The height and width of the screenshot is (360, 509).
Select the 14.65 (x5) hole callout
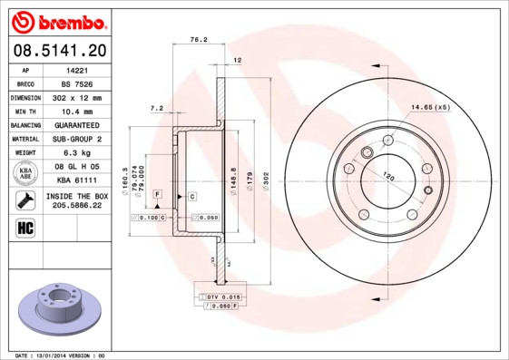click(x=430, y=108)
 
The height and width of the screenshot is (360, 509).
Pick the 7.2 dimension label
click(x=156, y=108)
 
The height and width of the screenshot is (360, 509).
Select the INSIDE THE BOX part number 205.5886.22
click(x=76, y=207)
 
